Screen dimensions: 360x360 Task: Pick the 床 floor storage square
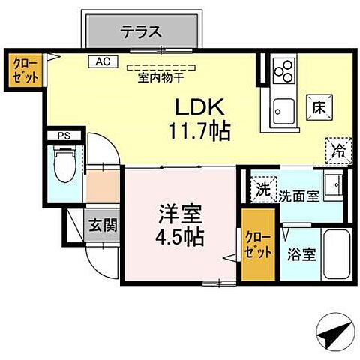[318, 108]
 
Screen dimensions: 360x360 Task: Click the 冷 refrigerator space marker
[338, 150]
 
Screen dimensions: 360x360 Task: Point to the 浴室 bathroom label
[300, 253]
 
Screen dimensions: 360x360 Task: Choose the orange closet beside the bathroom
[257, 245]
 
